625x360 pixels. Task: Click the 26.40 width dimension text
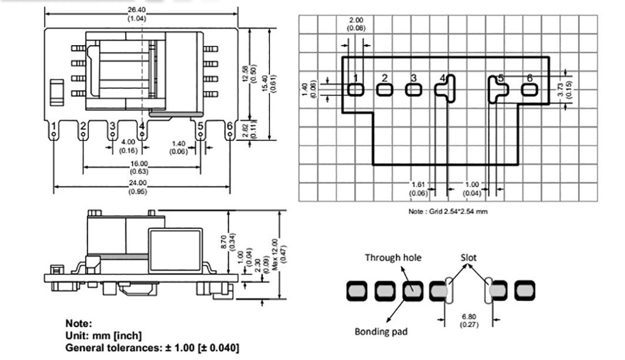pyautogui.click(x=137, y=10)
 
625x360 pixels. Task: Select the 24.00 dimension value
pyautogui.click(x=137, y=182)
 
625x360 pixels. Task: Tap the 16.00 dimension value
pyautogui.click(x=139, y=163)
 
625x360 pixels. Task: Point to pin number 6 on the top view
pyautogui.click(x=229, y=127)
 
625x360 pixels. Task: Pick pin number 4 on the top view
pyautogui.click(x=142, y=128)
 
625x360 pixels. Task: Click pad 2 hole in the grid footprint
pyautogui.click(x=384, y=90)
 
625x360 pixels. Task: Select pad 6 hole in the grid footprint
pyautogui.click(x=530, y=90)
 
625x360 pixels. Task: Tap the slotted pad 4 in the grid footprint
pyautogui.click(x=446, y=89)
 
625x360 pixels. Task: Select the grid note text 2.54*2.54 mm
pyautogui.click(x=447, y=212)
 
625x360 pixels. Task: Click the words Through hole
pyautogui.click(x=393, y=257)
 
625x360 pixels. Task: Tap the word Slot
pyautogui.click(x=469, y=257)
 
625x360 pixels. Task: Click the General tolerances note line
pyautogui.click(x=152, y=348)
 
